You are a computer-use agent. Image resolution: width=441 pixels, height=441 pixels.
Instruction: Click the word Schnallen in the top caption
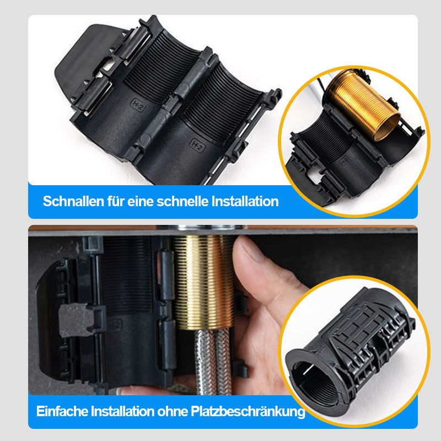tap(73, 201)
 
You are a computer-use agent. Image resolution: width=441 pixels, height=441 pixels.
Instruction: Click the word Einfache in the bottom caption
tap(62, 411)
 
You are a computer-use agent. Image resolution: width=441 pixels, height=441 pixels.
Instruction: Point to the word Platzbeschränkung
tap(248, 412)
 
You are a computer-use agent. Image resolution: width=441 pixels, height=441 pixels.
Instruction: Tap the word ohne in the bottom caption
tap(173, 411)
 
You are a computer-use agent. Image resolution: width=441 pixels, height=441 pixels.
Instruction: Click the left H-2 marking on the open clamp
tap(138, 105)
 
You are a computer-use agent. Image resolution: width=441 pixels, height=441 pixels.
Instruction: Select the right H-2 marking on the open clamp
tap(197, 145)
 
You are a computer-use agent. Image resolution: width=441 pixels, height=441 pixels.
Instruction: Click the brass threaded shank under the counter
tap(203, 281)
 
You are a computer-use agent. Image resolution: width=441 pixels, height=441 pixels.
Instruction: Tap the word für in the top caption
tap(115, 201)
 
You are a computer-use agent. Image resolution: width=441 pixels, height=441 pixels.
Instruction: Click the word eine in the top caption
tap(141, 201)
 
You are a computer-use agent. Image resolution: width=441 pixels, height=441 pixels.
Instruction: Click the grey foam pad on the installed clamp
tap(76, 320)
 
